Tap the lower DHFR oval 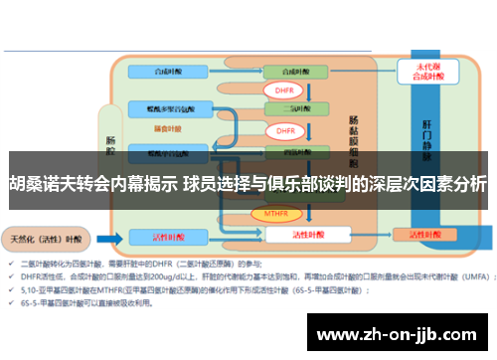[x=285, y=130]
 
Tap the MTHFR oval [x=282, y=213]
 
